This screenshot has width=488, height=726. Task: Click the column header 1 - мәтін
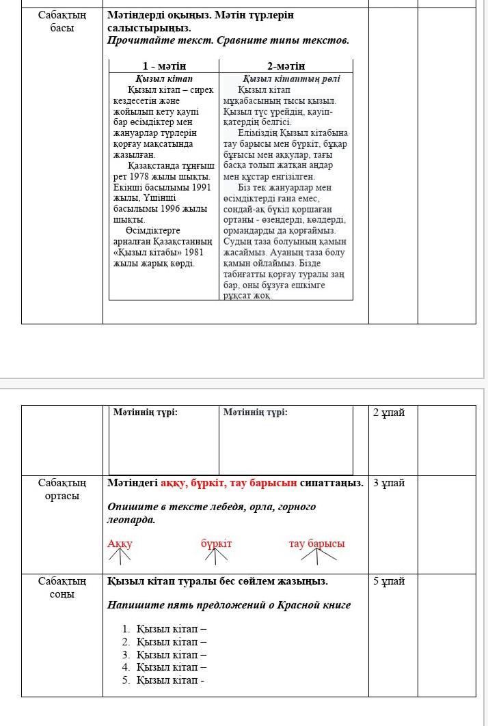click(x=164, y=66)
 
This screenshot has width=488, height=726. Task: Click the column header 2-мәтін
click(x=286, y=66)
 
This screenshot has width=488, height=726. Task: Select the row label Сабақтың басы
click(x=62, y=21)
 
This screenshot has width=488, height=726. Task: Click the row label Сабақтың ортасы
click(x=62, y=489)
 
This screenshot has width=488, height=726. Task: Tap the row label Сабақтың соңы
click(x=62, y=587)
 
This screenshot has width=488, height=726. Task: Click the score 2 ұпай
click(x=389, y=413)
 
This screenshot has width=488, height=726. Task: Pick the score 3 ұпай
click(x=389, y=483)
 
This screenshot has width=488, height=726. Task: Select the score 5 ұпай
click(x=389, y=581)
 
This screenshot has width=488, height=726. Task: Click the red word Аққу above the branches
click(x=120, y=544)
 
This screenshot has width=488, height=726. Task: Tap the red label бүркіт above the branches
click(x=216, y=544)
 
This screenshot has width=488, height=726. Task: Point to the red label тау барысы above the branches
click(x=316, y=544)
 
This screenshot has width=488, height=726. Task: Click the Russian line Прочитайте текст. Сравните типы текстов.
click(x=228, y=40)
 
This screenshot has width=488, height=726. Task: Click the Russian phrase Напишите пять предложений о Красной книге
click(x=229, y=604)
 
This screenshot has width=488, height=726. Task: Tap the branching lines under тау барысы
click(x=318, y=555)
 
